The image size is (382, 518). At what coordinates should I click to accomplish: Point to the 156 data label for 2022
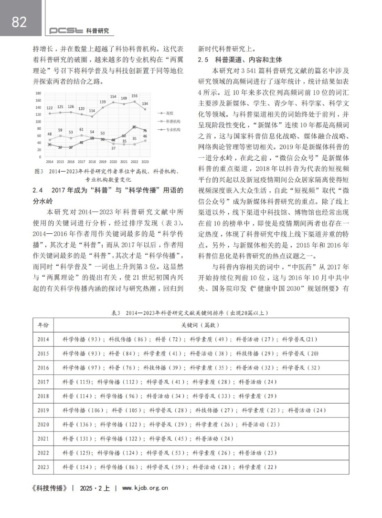pos(135,96)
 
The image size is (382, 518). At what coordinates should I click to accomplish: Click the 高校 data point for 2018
pos(92,116)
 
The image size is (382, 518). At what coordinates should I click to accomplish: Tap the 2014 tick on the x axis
pos(50,162)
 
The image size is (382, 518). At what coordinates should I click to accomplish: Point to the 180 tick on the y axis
pos(38,93)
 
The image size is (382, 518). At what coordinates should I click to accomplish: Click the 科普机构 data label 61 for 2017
pos(81,129)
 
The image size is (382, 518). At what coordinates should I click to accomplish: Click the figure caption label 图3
pos(40,171)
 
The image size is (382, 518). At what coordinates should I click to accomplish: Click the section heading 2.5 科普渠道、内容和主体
pos(240,61)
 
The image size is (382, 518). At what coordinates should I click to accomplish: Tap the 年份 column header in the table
pos(43,325)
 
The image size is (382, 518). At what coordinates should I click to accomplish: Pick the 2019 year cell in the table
pos(43,410)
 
